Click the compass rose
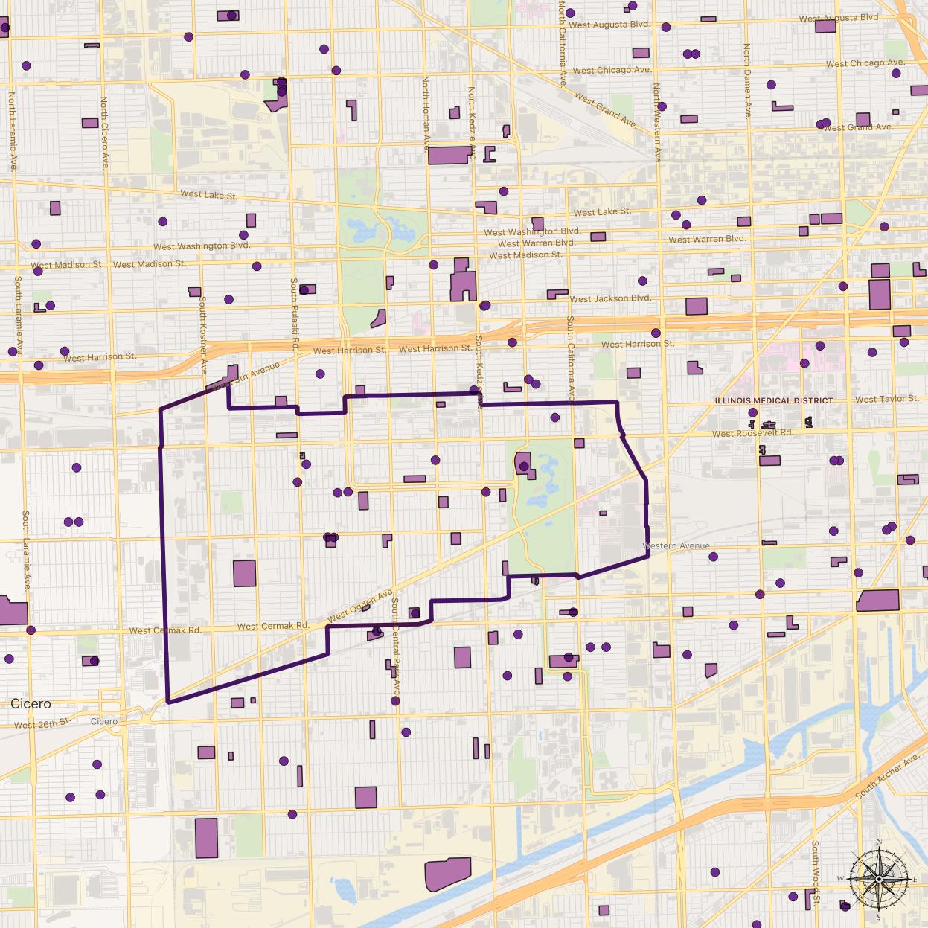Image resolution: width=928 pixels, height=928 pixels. tap(879, 879)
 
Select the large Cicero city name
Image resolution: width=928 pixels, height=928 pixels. tap(31, 703)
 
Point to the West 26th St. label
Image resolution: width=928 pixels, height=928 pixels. tap(42, 724)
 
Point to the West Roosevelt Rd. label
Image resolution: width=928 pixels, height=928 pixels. tap(752, 433)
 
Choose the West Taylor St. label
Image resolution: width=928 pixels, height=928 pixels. tap(886, 400)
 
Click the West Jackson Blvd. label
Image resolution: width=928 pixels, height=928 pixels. tap(610, 298)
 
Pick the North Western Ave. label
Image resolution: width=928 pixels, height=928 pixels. tap(656, 123)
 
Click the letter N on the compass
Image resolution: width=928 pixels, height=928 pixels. tap(879, 842)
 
